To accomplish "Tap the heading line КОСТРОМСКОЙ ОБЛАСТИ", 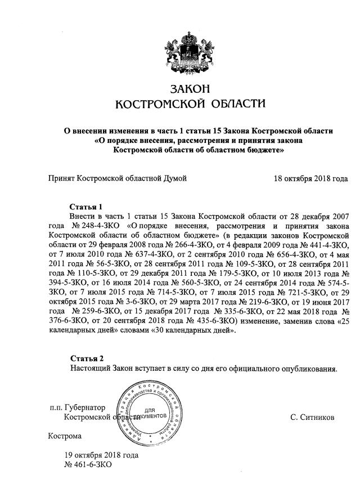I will (x=189, y=104).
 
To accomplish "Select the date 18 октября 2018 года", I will (x=310, y=178).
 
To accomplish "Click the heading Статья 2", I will (x=87, y=358).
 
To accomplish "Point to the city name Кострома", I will (x=65, y=436).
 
